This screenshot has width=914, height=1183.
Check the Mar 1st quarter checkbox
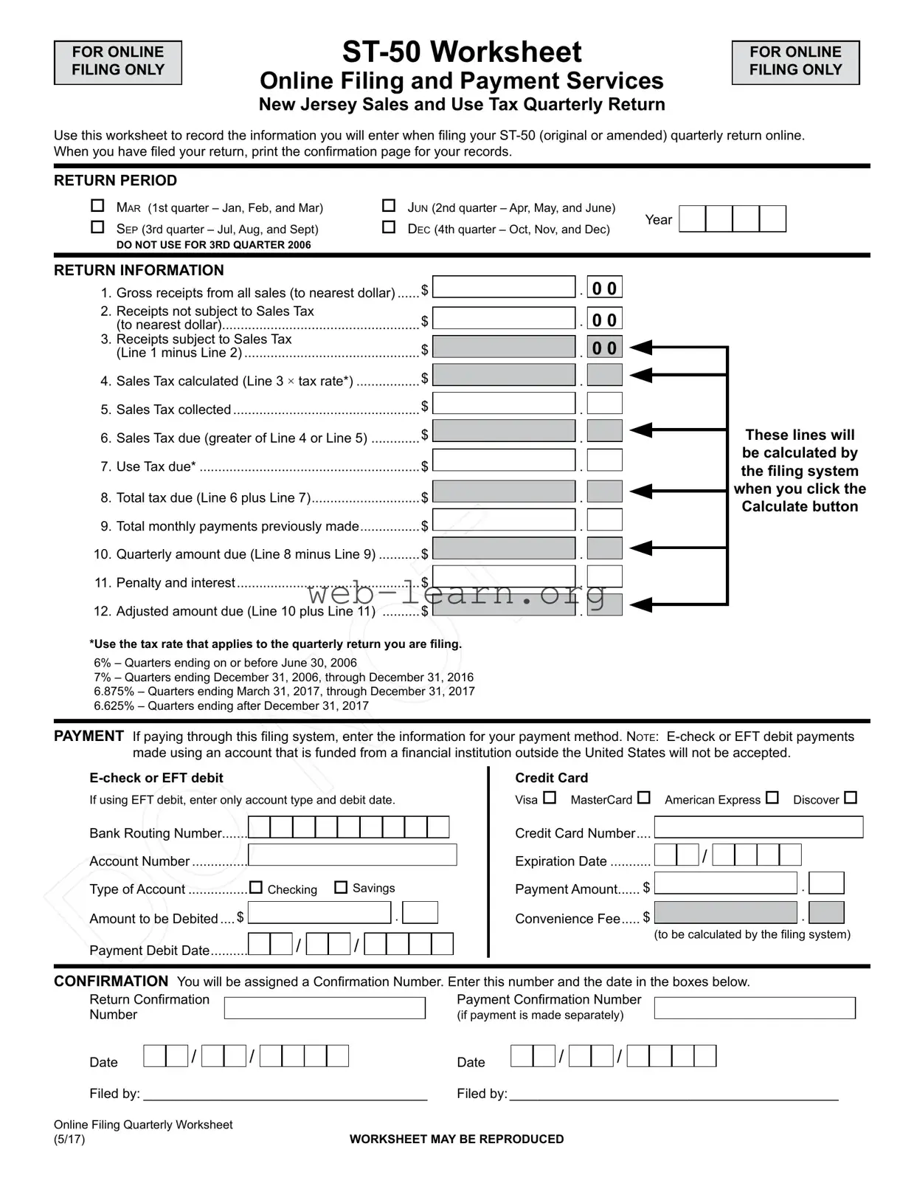[97, 206]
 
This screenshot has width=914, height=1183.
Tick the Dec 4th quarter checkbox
[389, 227]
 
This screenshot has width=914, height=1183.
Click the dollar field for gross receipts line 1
[503, 287]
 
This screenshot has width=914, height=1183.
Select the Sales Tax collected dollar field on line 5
[503, 404]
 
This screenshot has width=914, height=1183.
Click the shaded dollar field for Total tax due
[503, 492]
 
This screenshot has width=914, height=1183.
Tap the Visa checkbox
[550, 798]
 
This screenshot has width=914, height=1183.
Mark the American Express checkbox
[772, 798]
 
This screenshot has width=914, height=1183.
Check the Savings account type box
[341, 887]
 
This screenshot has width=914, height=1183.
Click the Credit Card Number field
[758, 827]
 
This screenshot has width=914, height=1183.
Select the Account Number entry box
[353, 855]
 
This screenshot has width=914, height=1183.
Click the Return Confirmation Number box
[325, 1008]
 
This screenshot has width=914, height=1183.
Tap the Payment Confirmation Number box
[755, 1008]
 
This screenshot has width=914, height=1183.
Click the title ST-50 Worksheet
[462, 52]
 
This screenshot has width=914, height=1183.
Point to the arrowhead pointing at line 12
[641, 605]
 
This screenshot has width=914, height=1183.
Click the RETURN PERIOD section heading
[115, 181]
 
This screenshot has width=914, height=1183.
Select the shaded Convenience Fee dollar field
[726, 913]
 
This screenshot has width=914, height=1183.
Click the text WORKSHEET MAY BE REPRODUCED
[457, 1139]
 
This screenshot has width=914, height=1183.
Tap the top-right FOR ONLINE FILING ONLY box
[795, 62]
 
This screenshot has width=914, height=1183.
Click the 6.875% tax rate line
[284, 691]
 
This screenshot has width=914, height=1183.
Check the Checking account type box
[256, 888]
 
